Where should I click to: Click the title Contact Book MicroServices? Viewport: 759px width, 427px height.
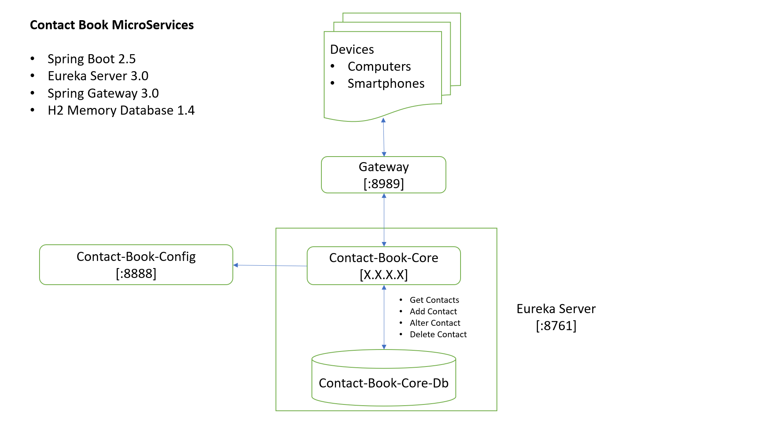point(111,25)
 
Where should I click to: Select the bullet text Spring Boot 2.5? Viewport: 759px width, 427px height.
point(91,59)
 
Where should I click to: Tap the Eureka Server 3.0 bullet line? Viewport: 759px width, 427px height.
point(98,76)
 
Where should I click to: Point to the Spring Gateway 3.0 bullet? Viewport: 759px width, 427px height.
point(103,93)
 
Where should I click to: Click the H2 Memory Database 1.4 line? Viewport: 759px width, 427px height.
point(121,110)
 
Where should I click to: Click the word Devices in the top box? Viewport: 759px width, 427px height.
point(351,49)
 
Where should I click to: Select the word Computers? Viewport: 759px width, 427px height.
point(379,66)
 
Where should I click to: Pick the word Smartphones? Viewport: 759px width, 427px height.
point(385,83)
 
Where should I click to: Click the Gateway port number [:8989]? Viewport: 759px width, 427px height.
point(383,184)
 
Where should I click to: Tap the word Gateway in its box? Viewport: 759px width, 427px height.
point(383,167)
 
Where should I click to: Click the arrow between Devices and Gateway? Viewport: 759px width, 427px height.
point(383,138)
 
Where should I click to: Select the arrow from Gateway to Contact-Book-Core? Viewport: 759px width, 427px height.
point(384,219)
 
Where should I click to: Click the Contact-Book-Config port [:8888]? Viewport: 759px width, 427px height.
point(136,274)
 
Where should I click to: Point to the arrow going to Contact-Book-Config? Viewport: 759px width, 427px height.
point(271,266)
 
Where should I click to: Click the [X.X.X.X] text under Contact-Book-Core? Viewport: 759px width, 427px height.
point(383,275)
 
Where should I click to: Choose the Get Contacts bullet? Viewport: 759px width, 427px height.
point(434,300)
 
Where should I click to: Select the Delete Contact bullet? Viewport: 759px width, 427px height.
point(438,334)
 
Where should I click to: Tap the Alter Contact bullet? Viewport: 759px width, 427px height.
point(435,323)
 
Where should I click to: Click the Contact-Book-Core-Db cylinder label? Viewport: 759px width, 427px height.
point(383,383)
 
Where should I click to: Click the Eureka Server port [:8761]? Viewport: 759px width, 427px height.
point(556,326)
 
